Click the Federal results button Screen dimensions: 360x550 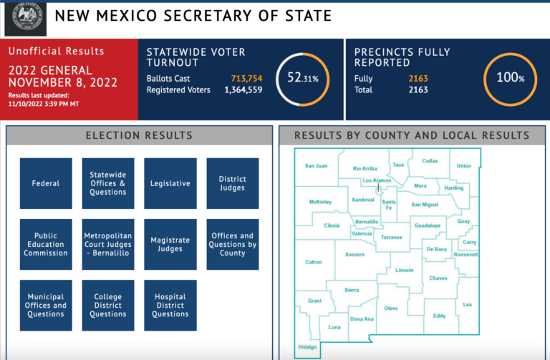tap(46, 183)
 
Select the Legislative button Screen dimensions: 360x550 tap(170, 183)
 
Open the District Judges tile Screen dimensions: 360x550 tap(232, 183)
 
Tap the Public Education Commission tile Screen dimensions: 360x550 tap(46, 244)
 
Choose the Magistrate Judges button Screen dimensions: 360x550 tap(170, 244)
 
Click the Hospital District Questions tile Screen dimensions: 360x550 tap(170, 305)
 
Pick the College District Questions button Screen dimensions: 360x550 tap(108, 305)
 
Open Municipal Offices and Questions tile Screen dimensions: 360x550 tap(46, 305)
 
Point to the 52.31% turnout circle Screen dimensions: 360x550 tap(302, 79)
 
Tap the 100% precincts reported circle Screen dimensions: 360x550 tap(511, 78)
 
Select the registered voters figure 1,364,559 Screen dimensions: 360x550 tap(243, 90)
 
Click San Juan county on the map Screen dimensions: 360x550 tap(316, 166)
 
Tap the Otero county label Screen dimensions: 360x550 tap(390, 308)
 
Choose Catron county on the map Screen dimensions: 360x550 tap(314, 263)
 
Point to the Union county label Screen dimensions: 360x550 tap(464, 166)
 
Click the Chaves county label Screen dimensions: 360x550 tap(438, 278)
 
